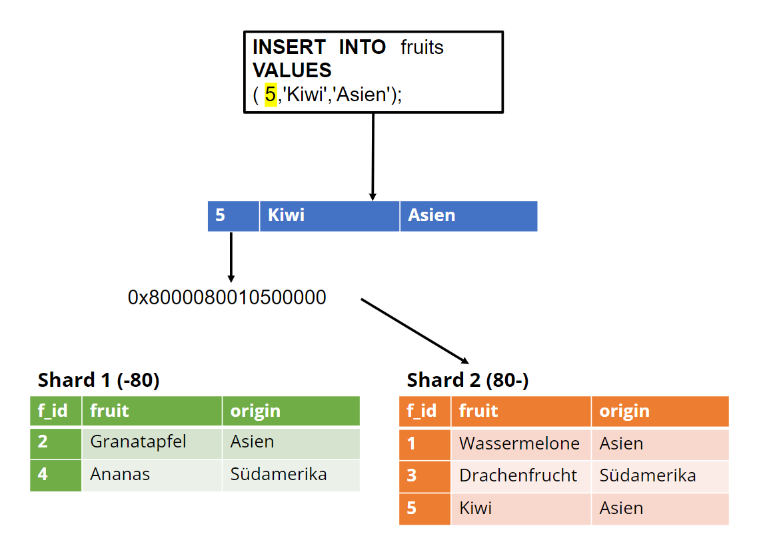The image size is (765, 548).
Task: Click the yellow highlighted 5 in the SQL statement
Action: (271, 94)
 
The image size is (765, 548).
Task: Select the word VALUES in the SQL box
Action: (292, 71)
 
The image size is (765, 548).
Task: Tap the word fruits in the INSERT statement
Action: (422, 48)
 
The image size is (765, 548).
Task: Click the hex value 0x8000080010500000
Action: (227, 298)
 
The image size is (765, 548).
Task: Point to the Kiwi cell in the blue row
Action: (329, 216)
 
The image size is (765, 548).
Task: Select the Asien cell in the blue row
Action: (468, 216)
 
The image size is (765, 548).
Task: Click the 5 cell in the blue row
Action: (233, 216)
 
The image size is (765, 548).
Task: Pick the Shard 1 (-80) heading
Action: (99, 380)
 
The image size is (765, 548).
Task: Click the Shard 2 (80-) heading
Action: (467, 380)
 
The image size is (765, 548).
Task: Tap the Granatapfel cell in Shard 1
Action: (152, 443)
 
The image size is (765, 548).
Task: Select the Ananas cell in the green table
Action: (152, 475)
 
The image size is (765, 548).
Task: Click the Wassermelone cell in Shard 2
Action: (520, 444)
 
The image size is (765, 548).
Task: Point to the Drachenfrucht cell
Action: (520, 476)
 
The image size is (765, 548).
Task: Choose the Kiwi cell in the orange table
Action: (520, 509)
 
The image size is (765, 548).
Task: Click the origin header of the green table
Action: (291, 411)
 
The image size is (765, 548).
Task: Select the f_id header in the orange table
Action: (424, 411)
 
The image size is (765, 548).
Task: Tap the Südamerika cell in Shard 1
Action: (291, 475)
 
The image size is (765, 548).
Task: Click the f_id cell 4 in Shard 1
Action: (55, 475)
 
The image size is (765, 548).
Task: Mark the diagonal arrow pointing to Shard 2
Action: (415, 332)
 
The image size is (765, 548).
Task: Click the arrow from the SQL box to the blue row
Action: (373, 156)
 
